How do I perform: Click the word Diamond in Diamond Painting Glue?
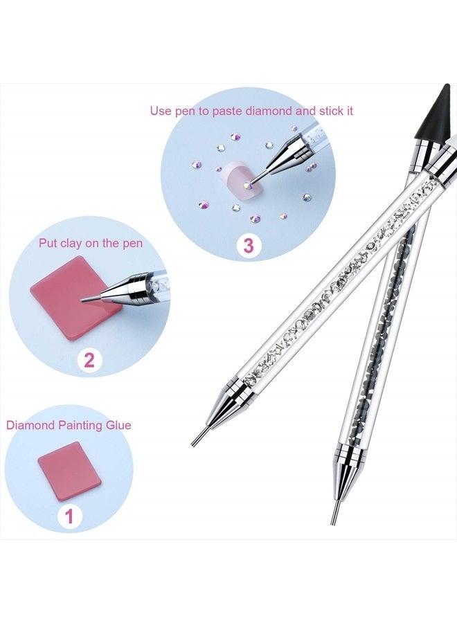[30, 425]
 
